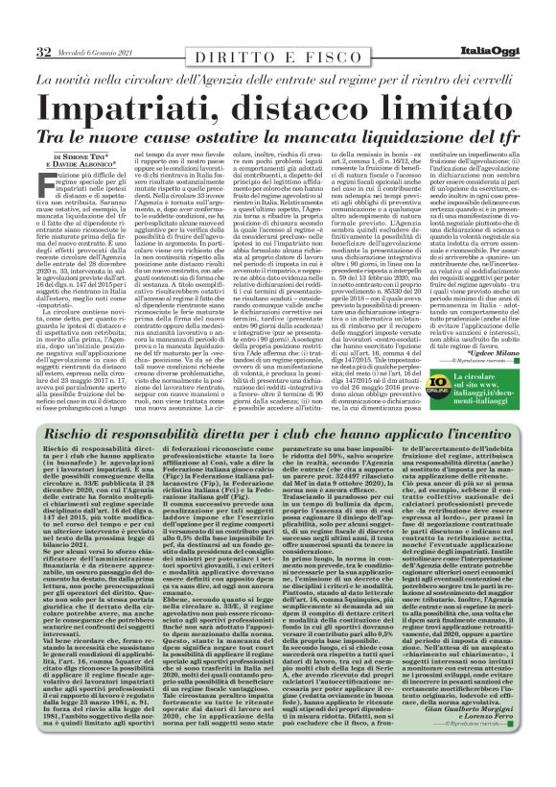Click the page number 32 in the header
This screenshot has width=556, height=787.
click(44, 51)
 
